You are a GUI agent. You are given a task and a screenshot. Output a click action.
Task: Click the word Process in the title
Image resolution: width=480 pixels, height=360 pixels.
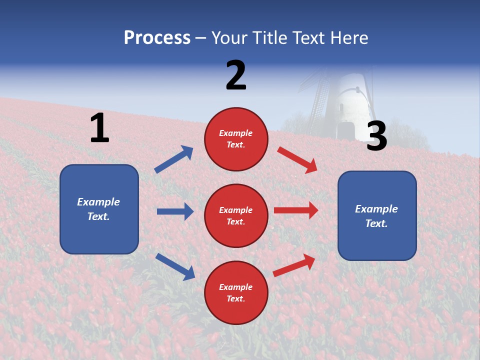coord(157,38)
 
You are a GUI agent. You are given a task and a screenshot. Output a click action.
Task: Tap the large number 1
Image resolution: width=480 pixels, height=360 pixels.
coord(99,128)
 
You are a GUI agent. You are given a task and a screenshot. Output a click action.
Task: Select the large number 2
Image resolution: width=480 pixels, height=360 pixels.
coord(236,75)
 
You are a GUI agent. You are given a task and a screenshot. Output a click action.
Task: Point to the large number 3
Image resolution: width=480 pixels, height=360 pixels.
coord(377,136)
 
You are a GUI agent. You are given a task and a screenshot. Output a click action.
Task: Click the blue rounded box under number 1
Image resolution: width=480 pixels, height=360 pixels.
coord(99,209)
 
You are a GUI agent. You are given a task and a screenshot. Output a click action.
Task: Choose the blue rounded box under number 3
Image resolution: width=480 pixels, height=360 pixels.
coord(377,215)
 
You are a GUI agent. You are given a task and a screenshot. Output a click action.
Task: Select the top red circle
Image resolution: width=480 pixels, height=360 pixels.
coord(236,139)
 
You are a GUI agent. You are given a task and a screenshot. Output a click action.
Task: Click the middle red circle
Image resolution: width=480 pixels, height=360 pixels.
coord(236,215)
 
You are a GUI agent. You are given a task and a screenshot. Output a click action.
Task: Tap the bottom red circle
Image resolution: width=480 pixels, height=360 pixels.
coord(236,292)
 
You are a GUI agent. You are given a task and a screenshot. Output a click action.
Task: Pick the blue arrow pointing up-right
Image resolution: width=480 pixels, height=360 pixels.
coord(174,159)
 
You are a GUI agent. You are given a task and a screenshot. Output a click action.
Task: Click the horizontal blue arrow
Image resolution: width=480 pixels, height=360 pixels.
coord(175,211)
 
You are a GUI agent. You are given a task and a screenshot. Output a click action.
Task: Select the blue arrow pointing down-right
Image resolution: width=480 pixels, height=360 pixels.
coord(175,266)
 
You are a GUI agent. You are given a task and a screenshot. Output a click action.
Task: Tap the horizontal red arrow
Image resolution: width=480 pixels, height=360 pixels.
coord(296,210)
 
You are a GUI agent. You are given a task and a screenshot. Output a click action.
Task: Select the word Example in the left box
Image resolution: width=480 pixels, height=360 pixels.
coord(98,202)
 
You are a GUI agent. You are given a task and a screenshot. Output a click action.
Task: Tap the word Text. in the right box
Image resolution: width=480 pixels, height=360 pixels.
coord(376,223)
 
